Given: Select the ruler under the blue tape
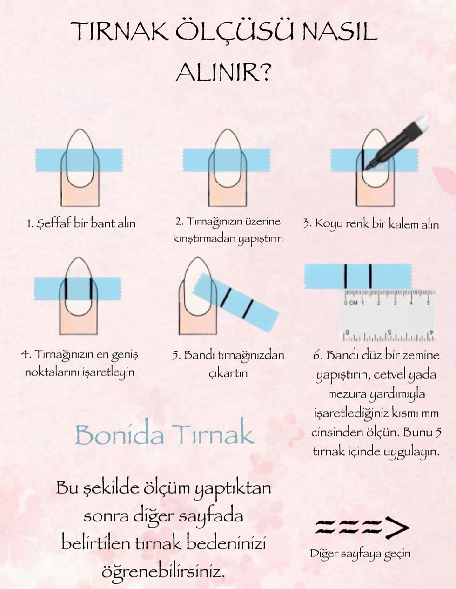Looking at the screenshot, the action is click(388, 315).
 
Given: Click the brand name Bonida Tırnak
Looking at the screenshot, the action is click(164, 435).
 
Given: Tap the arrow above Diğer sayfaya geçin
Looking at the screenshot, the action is click(362, 528).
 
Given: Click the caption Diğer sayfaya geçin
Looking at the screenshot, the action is click(360, 554).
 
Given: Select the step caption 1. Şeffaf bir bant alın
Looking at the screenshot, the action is click(81, 223).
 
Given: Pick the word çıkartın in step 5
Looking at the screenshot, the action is click(228, 374).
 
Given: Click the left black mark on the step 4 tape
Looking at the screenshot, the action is click(66, 288).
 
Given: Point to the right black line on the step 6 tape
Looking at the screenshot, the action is click(370, 276).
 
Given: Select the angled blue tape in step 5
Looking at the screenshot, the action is click(235, 303).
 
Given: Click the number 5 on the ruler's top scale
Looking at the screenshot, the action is click(428, 302).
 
